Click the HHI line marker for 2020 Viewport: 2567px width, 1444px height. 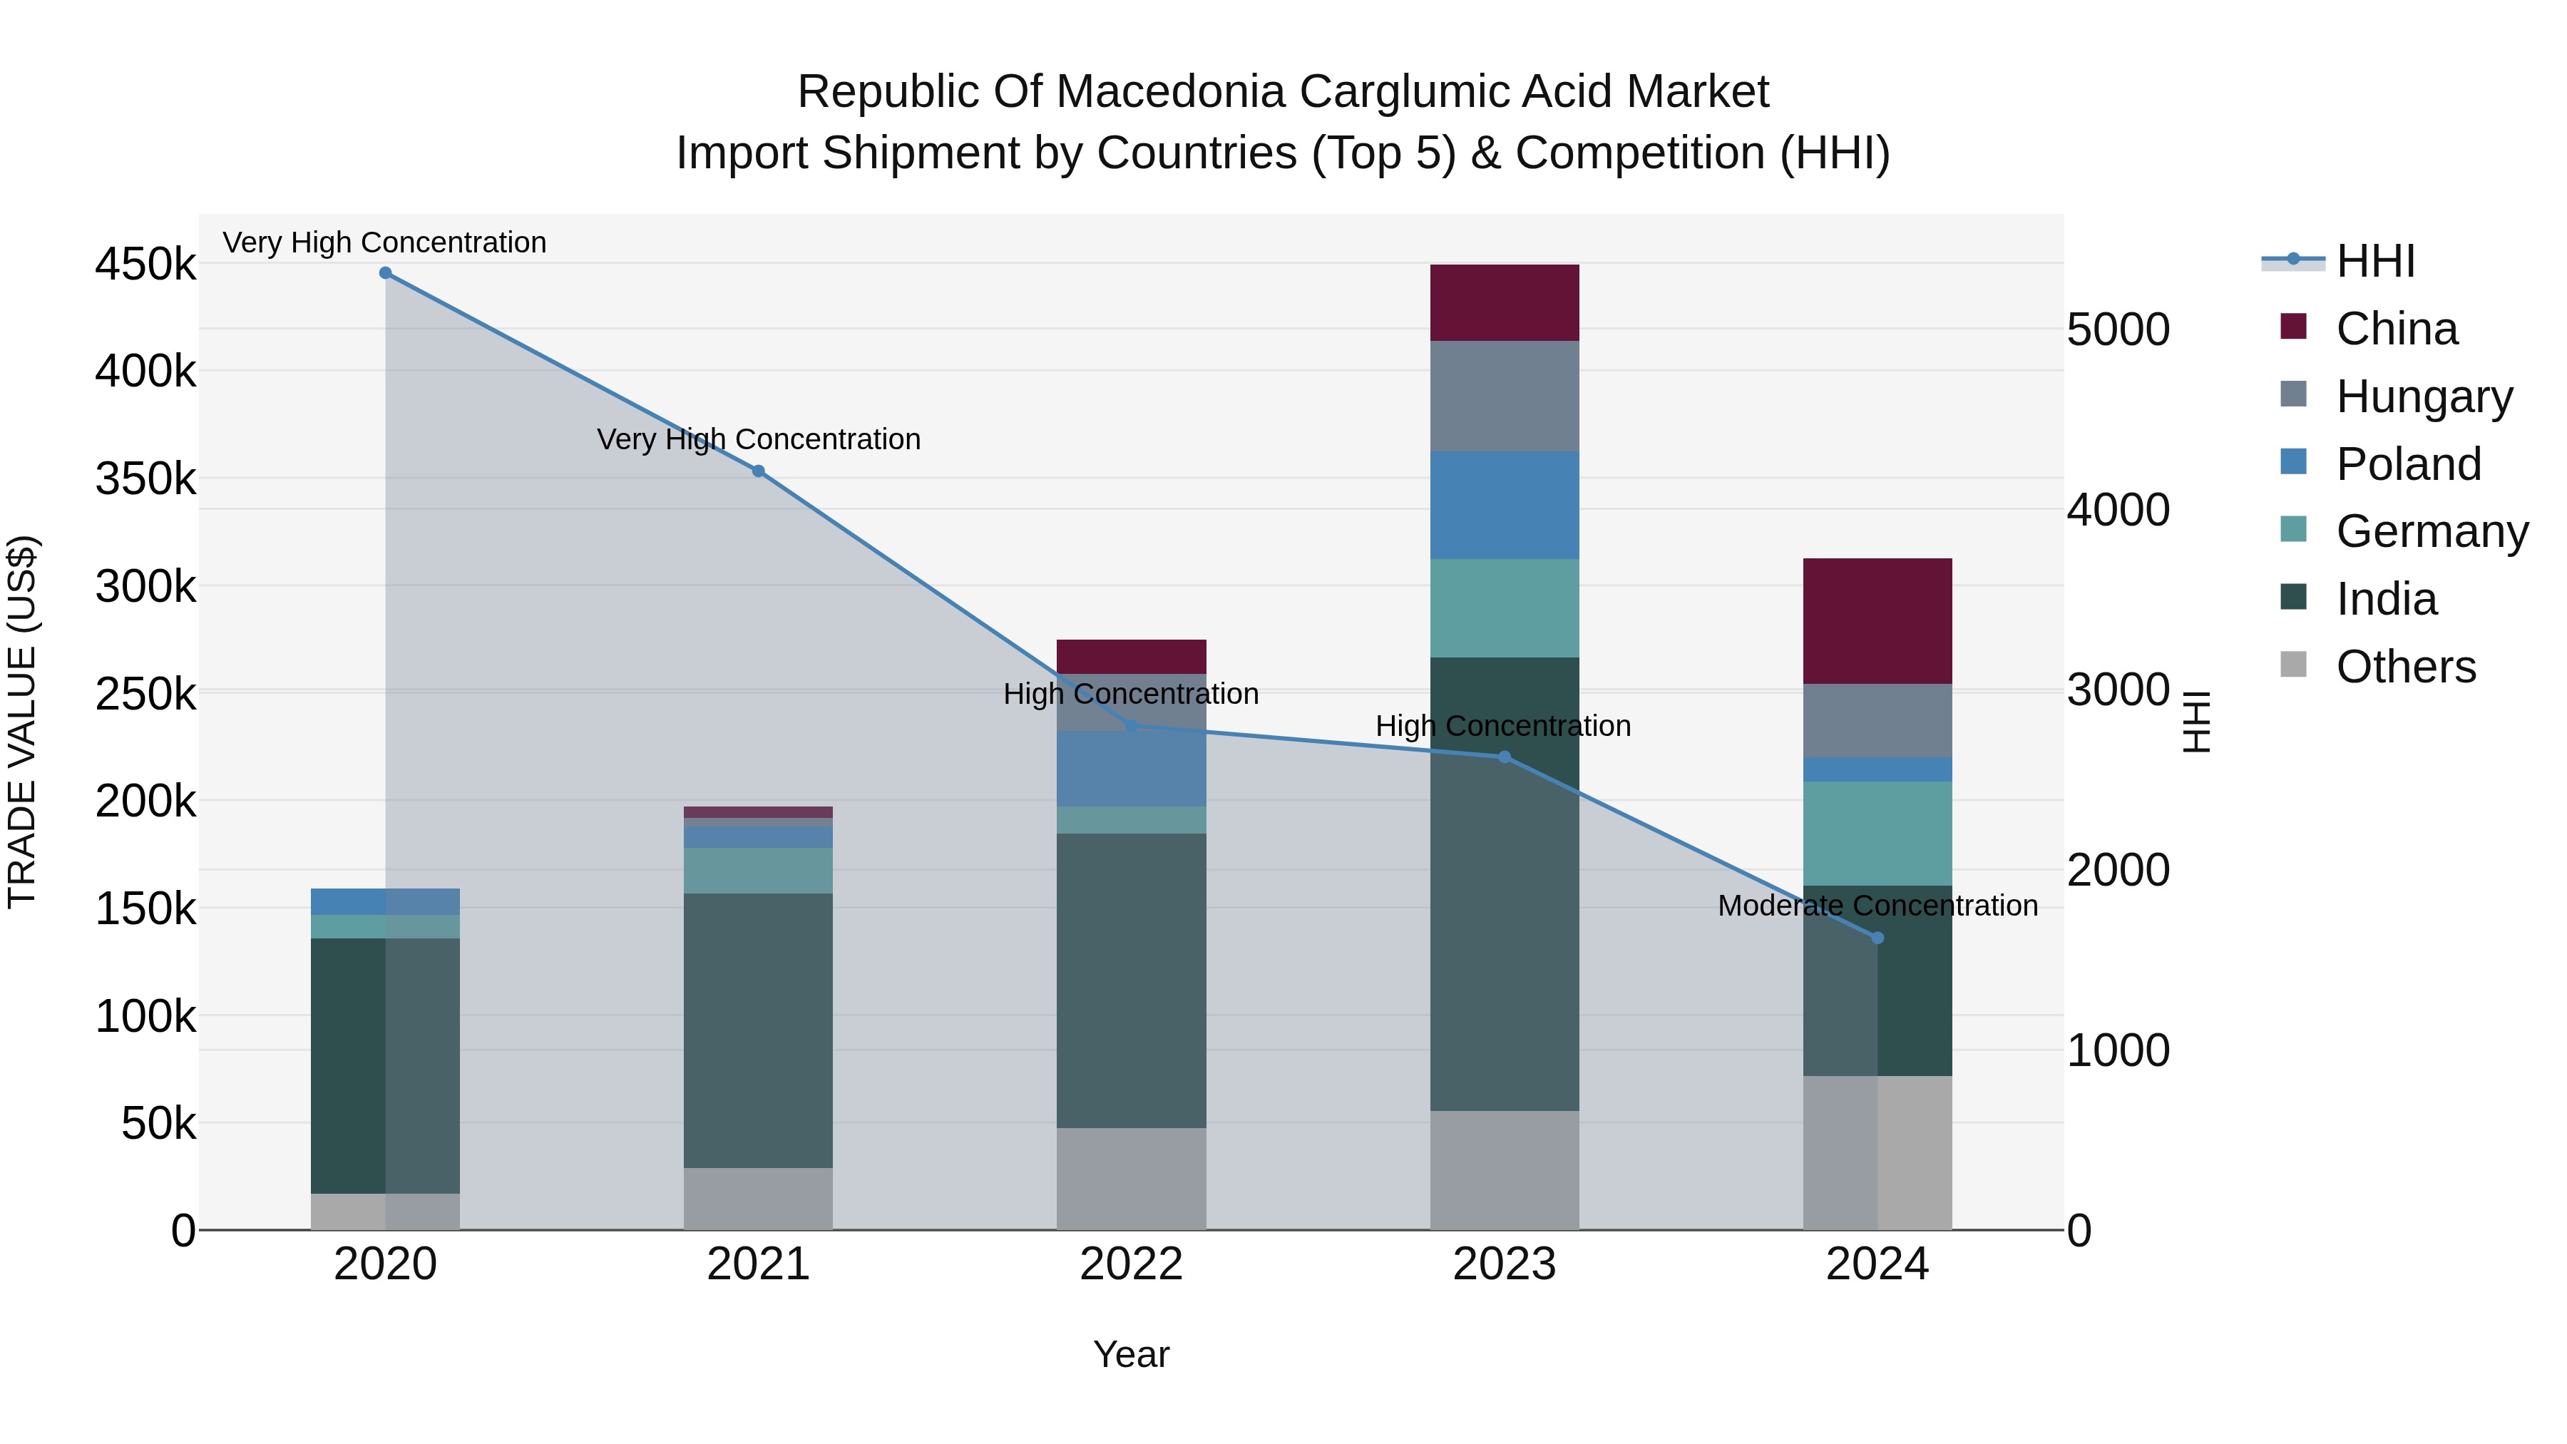coord(386,273)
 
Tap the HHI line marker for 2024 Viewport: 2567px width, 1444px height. coord(1877,938)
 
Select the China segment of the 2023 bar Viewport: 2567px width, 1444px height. coord(1504,303)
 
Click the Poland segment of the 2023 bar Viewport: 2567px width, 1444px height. coord(1504,506)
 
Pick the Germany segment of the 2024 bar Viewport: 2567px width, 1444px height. coord(1877,833)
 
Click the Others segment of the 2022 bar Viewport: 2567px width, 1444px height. coord(1131,1178)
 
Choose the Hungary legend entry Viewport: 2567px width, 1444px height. coord(2424,396)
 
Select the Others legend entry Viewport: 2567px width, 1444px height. coord(2406,667)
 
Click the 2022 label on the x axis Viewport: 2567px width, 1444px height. coord(1131,1264)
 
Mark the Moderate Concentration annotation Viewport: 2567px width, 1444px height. coord(1877,906)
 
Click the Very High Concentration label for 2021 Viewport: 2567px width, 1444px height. coord(759,439)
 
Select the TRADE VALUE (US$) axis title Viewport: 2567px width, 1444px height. coord(22,722)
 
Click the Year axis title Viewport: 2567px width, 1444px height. coord(1131,1354)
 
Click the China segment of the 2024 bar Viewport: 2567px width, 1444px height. coord(1877,621)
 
